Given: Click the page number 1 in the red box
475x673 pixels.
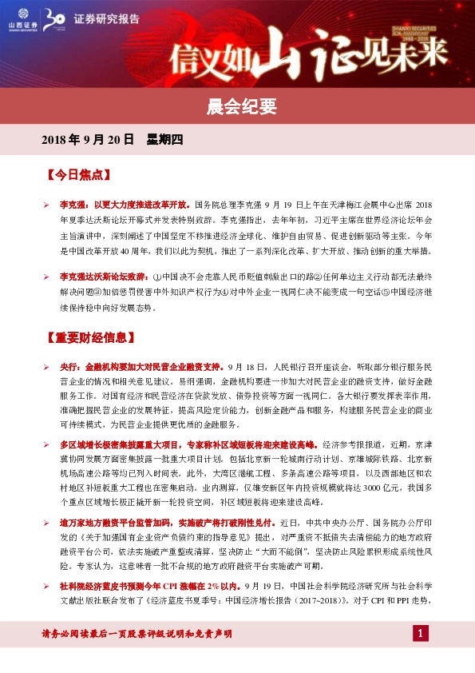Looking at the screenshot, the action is (x=421, y=635).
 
